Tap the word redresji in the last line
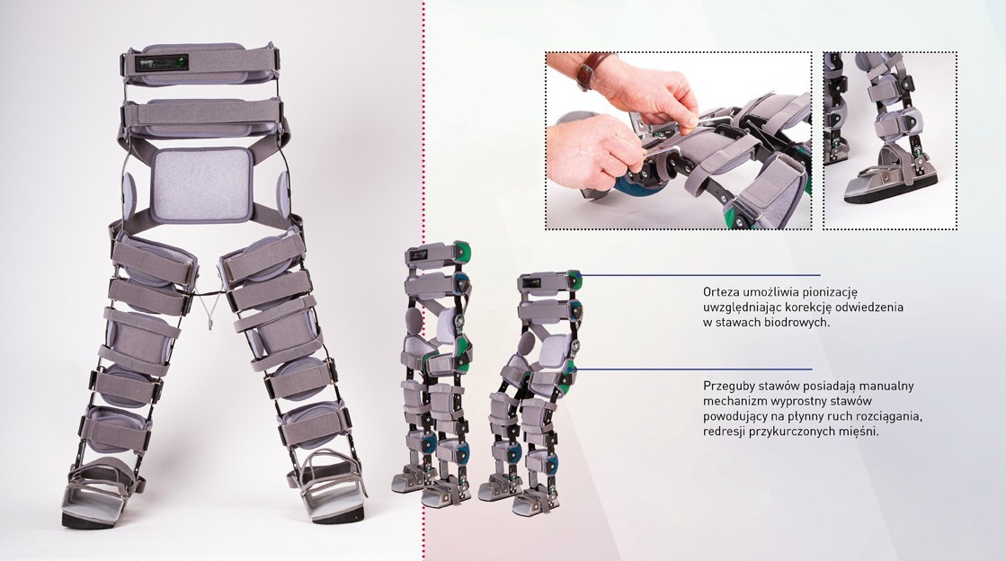pyautogui.click(x=724, y=432)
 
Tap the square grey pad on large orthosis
pyautogui.click(x=200, y=184)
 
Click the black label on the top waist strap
pyautogui.click(x=161, y=63)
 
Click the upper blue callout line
pyautogui.click(x=700, y=275)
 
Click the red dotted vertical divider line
pyautogui.click(x=423, y=280)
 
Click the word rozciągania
pyautogui.click(x=891, y=417)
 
